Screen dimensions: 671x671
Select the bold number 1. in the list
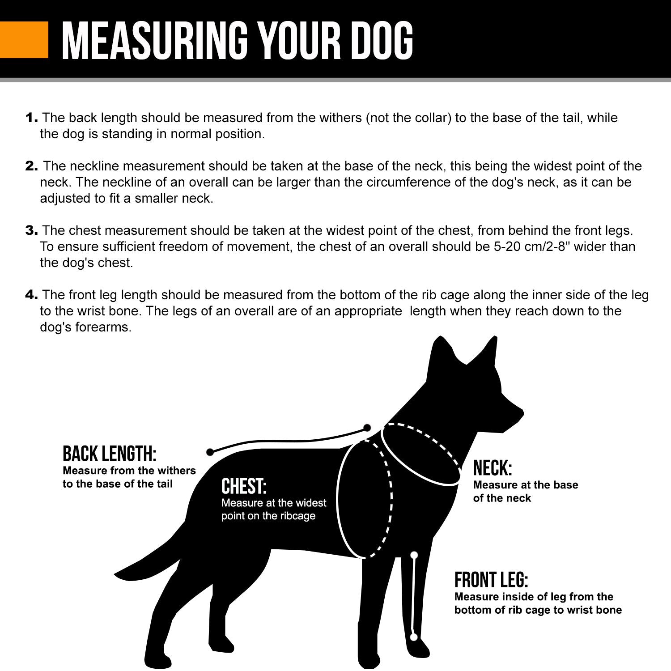coord(32,118)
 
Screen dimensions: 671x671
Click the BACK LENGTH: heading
coord(110,454)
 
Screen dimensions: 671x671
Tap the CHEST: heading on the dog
coord(244,486)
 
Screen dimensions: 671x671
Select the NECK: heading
coord(493,468)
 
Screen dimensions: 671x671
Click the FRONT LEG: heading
coord(491,580)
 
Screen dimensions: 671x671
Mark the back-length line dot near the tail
coord(209,452)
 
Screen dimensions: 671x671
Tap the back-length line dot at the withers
coord(367,427)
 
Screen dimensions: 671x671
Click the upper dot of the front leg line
coord(414,555)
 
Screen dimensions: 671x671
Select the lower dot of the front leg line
coord(414,636)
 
